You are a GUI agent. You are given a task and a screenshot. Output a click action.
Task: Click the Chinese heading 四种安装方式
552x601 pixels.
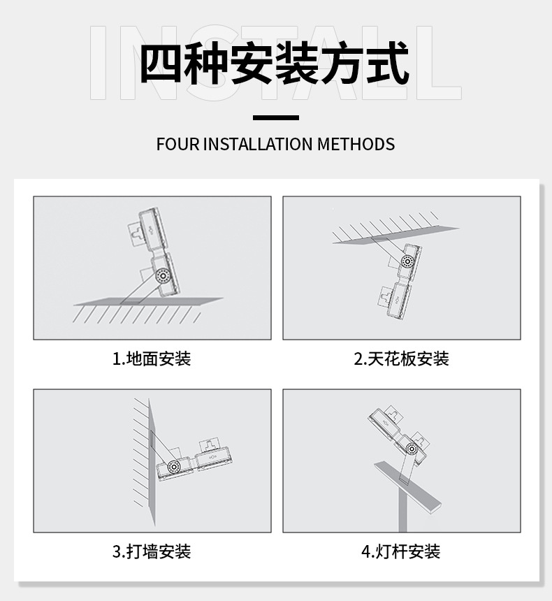click(275, 63)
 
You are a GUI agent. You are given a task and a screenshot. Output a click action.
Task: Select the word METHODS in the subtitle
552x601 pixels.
click(356, 145)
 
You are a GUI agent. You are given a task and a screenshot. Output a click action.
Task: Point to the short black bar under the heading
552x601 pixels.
click(275, 117)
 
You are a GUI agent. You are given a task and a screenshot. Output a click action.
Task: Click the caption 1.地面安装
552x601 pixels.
click(152, 359)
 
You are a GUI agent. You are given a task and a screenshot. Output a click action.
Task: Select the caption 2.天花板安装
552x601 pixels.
click(401, 359)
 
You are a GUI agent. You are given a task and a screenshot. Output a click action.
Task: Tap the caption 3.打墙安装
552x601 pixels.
click(152, 552)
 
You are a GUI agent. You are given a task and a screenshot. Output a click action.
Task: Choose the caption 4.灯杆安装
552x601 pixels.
click(401, 552)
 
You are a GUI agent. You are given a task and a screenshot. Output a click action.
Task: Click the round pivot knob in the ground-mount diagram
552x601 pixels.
click(163, 275)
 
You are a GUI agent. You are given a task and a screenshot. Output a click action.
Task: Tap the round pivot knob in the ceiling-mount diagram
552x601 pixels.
click(407, 261)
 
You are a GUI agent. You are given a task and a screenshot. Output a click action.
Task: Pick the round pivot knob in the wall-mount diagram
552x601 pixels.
click(174, 466)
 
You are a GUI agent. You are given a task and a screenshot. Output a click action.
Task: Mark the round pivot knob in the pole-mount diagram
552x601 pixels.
click(412, 449)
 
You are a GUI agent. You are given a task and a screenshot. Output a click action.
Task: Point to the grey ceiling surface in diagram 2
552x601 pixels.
click(395, 236)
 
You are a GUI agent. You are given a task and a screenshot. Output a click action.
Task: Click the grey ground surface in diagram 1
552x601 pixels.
click(148, 301)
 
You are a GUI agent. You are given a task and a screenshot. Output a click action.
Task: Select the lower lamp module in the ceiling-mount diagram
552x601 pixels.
click(397, 302)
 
